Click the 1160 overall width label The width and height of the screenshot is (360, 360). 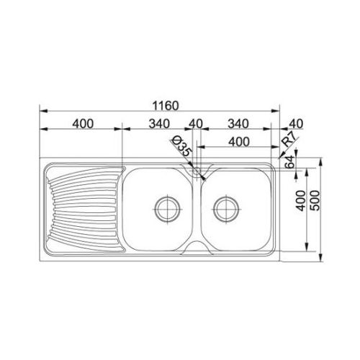(166, 106)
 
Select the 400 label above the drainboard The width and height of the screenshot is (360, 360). (83, 124)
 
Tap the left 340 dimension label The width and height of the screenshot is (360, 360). (159, 124)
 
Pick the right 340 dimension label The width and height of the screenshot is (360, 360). (238, 124)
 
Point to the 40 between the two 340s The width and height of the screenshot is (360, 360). (196, 124)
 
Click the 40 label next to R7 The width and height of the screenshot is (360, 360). (296, 124)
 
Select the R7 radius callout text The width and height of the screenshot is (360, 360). (289, 140)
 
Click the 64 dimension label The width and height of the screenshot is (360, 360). (289, 162)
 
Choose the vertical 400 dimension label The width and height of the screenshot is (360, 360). (301, 201)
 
